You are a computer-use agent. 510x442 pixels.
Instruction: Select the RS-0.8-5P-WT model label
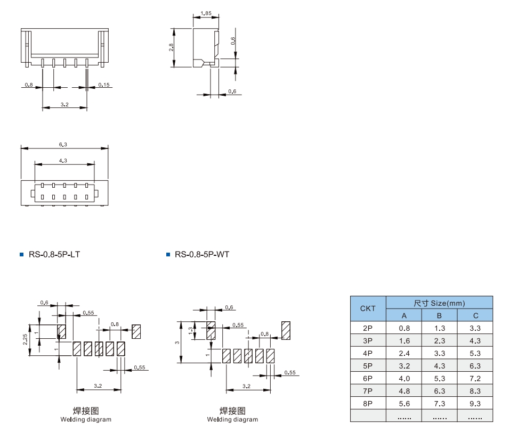point(201,255)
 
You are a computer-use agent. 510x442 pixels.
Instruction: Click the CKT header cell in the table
point(368,308)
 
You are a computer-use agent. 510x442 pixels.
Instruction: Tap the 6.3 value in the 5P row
point(475,366)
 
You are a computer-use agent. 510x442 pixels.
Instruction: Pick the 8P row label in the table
point(368,404)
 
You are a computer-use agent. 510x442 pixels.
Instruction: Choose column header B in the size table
point(439,315)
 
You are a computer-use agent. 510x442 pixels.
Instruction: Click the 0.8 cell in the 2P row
point(404,328)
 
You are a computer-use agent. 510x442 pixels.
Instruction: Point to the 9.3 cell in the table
point(475,404)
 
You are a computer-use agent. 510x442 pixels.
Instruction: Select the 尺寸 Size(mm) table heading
point(439,303)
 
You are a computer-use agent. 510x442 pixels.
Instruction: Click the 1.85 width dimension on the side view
point(205,13)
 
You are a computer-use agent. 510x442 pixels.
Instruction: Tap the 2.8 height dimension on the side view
point(171,47)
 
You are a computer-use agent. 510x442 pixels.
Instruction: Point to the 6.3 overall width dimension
point(63,144)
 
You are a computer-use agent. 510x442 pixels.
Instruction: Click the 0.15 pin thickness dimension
point(104,85)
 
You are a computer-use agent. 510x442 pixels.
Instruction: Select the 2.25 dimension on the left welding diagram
point(26,340)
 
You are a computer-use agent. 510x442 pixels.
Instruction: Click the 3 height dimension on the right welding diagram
point(177,343)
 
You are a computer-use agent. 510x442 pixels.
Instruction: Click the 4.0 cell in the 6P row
point(404,379)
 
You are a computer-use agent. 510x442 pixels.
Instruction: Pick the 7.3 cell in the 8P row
point(439,404)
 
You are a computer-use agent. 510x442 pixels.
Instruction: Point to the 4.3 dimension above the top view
point(63,160)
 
